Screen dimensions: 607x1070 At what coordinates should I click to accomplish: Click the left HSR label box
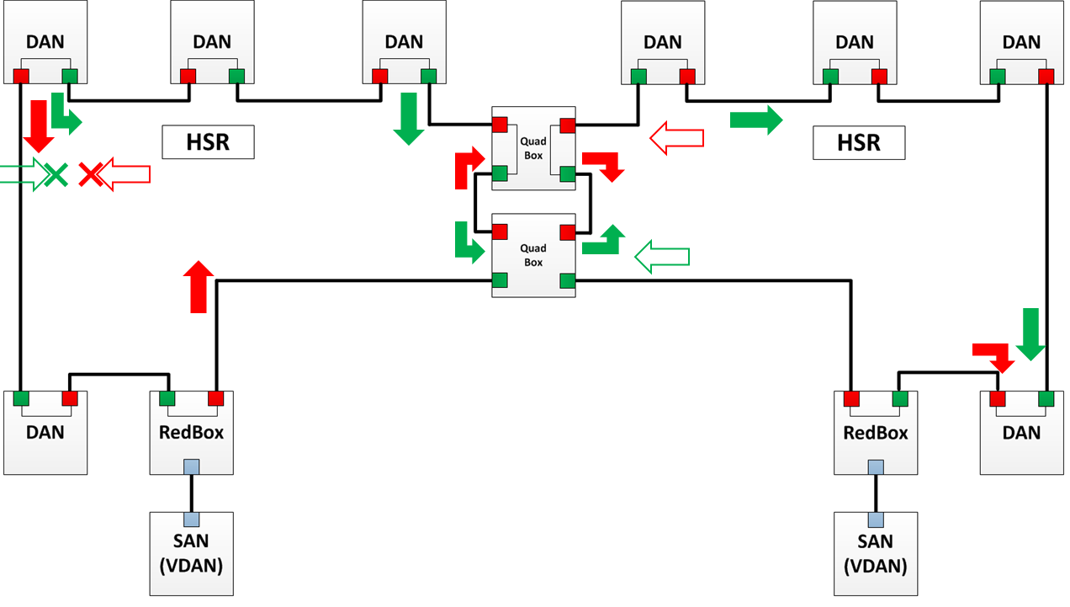[208, 141]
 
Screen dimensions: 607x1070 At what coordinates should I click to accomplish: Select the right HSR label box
[859, 142]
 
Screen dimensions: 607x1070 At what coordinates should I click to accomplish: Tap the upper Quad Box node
[533, 148]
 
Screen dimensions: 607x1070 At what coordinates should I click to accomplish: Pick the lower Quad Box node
[533, 255]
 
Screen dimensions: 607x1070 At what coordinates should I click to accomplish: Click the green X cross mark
[56, 174]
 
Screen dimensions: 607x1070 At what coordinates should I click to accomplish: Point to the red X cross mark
[90, 174]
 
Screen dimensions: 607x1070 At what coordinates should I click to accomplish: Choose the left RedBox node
[192, 433]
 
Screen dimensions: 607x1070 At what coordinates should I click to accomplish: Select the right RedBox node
[876, 433]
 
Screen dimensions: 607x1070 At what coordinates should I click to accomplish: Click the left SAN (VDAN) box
[191, 553]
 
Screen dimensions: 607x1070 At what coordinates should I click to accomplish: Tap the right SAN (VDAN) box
[876, 553]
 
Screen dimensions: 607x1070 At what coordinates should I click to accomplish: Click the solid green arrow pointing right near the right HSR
[755, 120]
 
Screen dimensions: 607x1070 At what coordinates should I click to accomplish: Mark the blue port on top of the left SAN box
[191, 519]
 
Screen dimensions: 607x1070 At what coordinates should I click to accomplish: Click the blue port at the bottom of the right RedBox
[876, 466]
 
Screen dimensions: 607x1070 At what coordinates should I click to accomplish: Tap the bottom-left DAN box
[45, 433]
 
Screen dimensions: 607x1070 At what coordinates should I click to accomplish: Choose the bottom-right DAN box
[1022, 433]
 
